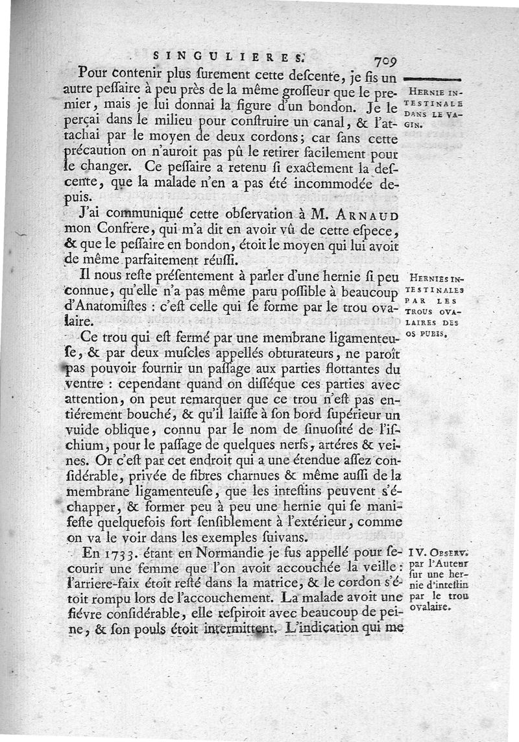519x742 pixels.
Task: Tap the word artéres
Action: tap(329, 447)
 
